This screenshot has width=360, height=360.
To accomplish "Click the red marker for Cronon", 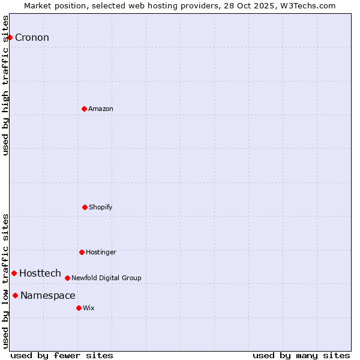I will coord(10,37).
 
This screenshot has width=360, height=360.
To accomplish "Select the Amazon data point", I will coord(84,109).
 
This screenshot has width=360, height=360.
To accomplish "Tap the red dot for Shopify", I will coord(85,207).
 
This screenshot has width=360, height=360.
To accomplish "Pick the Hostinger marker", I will coord(82,252).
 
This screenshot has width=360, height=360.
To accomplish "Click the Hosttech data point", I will coord(14,273).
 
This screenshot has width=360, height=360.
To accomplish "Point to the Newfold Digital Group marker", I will coord(67,278).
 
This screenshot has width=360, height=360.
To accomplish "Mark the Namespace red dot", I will coord(15,295).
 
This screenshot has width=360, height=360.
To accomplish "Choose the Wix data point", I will coord(79,308).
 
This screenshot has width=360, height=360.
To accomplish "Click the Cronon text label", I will coord(32,38).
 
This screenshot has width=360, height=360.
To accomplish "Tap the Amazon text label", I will coord(101,109).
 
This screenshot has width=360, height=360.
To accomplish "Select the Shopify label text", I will coord(101,208).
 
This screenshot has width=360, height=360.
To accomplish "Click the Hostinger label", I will coord(101,253).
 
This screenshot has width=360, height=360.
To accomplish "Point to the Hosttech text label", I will coord(40,274).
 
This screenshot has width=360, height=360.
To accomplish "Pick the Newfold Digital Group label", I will coord(106,278).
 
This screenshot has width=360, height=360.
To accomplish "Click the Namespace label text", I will coord(48,296).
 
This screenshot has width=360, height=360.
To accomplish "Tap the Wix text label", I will coord(89,308).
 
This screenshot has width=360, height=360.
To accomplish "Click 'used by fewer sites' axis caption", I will coord(62,356).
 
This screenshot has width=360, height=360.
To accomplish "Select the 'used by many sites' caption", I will coord(301,356).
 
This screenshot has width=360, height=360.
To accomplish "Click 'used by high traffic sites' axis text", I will coord(6,85).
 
